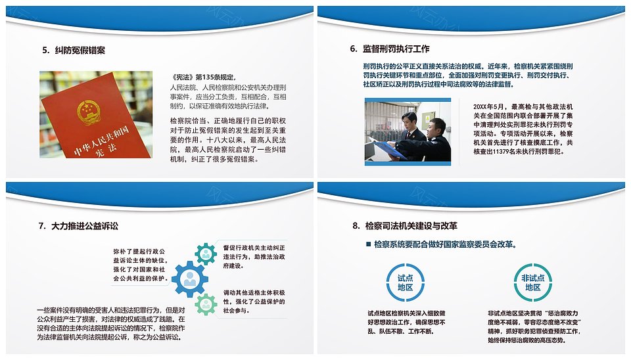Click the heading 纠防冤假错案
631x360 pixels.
(x=80, y=51)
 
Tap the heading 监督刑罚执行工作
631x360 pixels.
(x=396, y=49)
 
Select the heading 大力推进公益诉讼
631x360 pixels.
(x=85, y=226)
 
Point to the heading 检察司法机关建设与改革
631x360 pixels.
(x=411, y=225)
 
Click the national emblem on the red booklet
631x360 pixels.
(x=88, y=112)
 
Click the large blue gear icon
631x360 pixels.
(x=189, y=279)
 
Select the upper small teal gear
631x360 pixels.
(x=206, y=254)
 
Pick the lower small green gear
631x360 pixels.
(x=206, y=304)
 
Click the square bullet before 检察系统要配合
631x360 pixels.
(x=368, y=244)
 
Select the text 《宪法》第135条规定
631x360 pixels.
(x=203, y=78)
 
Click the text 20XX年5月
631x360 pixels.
(x=488, y=106)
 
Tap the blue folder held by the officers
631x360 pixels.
(x=388, y=149)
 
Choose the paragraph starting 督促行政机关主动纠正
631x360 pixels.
(x=254, y=257)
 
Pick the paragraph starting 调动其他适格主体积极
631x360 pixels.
(x=254, y=302)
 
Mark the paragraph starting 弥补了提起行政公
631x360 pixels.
(x=139, y=265)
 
